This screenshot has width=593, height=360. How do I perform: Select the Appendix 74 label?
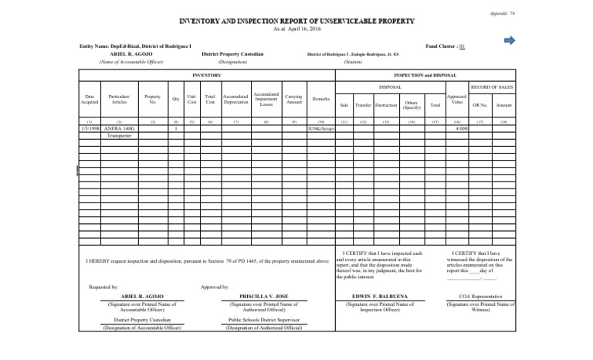pos(568,13)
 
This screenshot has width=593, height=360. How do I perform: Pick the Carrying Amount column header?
pos(293,99)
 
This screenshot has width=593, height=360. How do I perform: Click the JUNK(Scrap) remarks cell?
pos(321,128)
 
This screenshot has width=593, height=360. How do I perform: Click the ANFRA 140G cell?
pos(119,128)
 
